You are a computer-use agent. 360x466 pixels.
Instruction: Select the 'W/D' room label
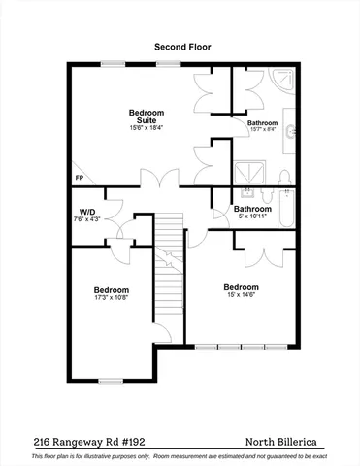(x=86, y=211)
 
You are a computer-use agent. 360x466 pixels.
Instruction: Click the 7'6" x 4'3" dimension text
(x=86, y=219)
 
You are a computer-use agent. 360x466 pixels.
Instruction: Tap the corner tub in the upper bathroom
(x=282, y=81)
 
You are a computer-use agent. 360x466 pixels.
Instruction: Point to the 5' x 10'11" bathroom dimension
(x=251, y=216)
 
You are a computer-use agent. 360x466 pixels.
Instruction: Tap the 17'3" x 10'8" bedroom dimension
(x=111, y=298)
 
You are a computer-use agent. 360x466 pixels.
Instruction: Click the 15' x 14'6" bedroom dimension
(x=241, y=295)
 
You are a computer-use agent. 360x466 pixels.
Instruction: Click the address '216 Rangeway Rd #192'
(x=82, y=439)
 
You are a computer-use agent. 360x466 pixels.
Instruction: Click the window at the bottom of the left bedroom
(x=112, y=381)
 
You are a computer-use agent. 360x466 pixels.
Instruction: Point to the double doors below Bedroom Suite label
(x=157, y=178)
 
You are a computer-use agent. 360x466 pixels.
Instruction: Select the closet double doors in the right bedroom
(x=263, y=254)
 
